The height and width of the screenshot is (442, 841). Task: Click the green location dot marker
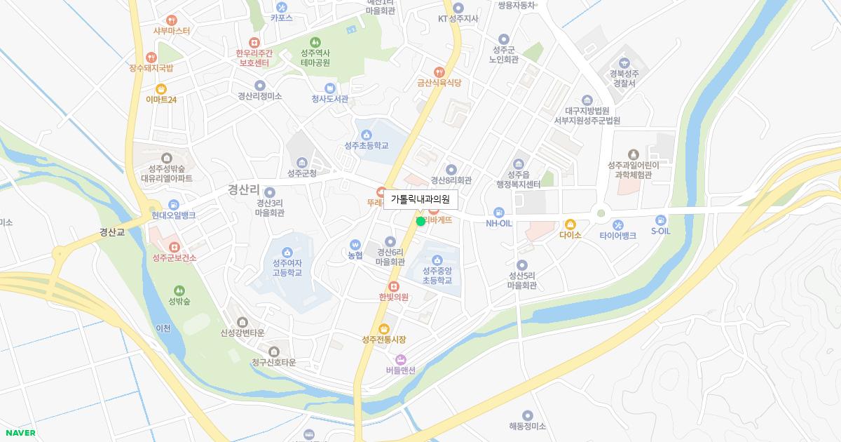point(420,221)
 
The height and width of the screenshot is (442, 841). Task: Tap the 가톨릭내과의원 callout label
point(420,200)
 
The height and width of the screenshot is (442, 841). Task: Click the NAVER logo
point(20,433)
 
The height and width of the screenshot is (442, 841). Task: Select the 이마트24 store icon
point(161,88)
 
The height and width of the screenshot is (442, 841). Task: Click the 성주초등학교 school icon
point(366,134)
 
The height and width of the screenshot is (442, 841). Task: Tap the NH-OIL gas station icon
point(499,212)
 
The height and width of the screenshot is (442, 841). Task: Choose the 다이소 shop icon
point(570,224)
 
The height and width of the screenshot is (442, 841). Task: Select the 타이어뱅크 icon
point(617,225)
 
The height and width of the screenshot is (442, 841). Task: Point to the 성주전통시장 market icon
point(383,328)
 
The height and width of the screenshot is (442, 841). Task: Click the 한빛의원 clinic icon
point(393,286)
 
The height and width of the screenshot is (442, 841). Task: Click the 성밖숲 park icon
point(179,290)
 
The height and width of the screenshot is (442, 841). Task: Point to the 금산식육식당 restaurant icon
point(439,71)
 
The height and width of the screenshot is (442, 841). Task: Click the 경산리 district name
point(243,189)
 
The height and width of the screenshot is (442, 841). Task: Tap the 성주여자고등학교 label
point(287,267)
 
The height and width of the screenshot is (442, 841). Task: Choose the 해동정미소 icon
point(527,415)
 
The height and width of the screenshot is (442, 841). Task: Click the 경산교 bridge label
point(111,232)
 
